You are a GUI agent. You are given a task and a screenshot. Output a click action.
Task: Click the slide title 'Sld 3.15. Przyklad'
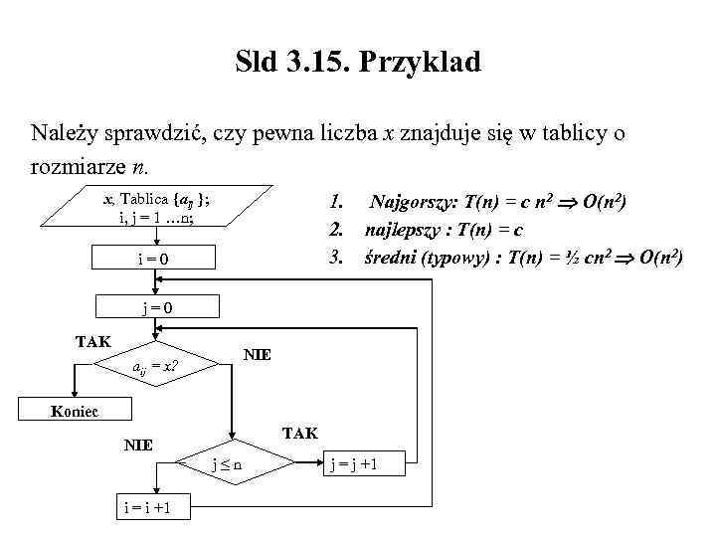click(358, 63)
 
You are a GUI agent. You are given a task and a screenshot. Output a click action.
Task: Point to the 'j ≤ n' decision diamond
click(233, 463)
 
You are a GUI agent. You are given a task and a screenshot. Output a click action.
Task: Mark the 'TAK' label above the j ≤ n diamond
click(299, 433)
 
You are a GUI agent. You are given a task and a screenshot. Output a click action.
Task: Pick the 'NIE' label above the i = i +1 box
click(137, 445)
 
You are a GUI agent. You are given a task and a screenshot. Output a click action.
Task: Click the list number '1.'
click(337, 203)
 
